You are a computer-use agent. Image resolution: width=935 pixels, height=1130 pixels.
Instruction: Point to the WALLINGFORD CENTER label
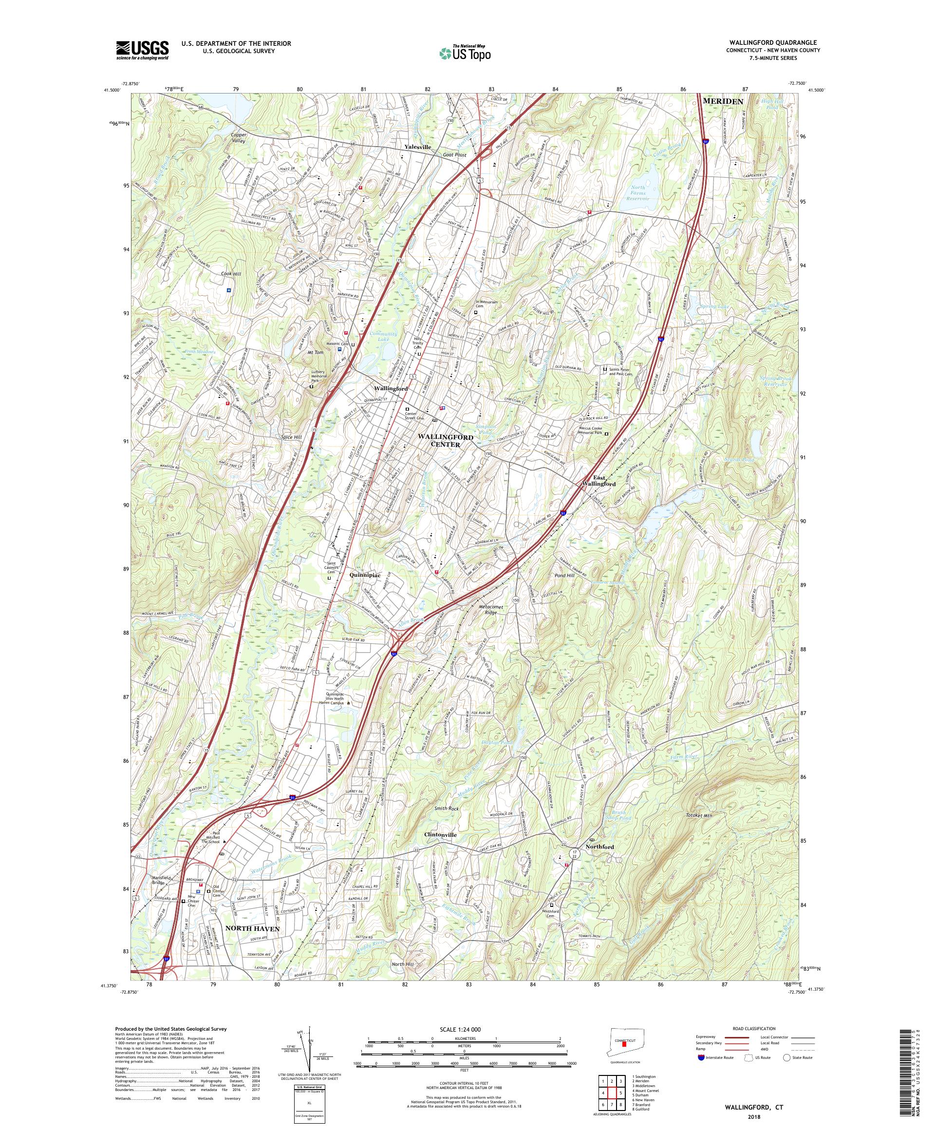click(446, 441)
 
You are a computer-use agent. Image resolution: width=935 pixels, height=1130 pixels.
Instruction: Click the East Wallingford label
click(597, 481)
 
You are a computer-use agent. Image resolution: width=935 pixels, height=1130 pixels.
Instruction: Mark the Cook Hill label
click(231, 274)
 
